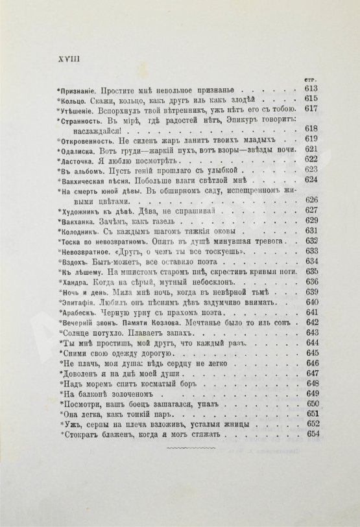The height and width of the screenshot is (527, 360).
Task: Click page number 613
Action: coord(308,87)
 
